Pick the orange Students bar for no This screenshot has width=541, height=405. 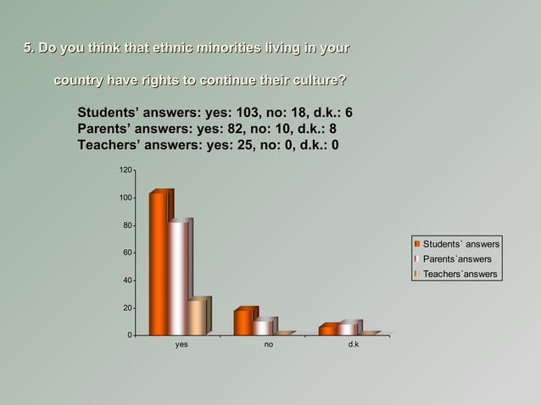pos(243,322)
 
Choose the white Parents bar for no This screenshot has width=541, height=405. pos(263,327)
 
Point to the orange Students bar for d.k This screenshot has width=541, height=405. pos(327,330)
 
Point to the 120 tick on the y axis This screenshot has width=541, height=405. pos(124,171)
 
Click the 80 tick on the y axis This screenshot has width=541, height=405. pos(125,225)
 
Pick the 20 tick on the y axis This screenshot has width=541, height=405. pos(125,308)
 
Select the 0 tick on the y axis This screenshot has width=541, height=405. pos(128,336)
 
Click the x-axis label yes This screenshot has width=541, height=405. pos(181,346)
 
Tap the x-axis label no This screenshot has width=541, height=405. pos(268,346)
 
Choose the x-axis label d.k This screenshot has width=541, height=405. pos(354,346)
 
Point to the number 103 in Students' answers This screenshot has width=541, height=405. pos(245,113)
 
